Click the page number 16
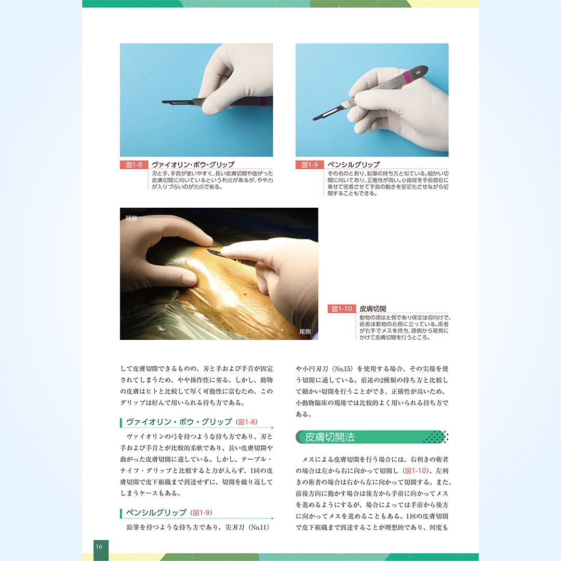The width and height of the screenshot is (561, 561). coord(99,546)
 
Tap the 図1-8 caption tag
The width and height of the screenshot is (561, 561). coord(134,165)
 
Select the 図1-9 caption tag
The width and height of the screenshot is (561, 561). coord(310,165)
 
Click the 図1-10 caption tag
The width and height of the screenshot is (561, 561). coord(341,309)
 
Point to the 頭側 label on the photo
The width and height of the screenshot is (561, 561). coord(131,218)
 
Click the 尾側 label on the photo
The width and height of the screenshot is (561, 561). coord(305,331)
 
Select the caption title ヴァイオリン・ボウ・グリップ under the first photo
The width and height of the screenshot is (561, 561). coord(193,165)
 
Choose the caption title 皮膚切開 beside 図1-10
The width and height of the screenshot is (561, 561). coord(373,309)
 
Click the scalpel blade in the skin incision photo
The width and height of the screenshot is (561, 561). coord(214,252)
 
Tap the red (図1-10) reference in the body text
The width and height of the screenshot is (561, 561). coord(416,471)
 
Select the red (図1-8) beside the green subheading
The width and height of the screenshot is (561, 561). coord(247,422)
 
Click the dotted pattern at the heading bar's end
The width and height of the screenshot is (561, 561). coord(435,437)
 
